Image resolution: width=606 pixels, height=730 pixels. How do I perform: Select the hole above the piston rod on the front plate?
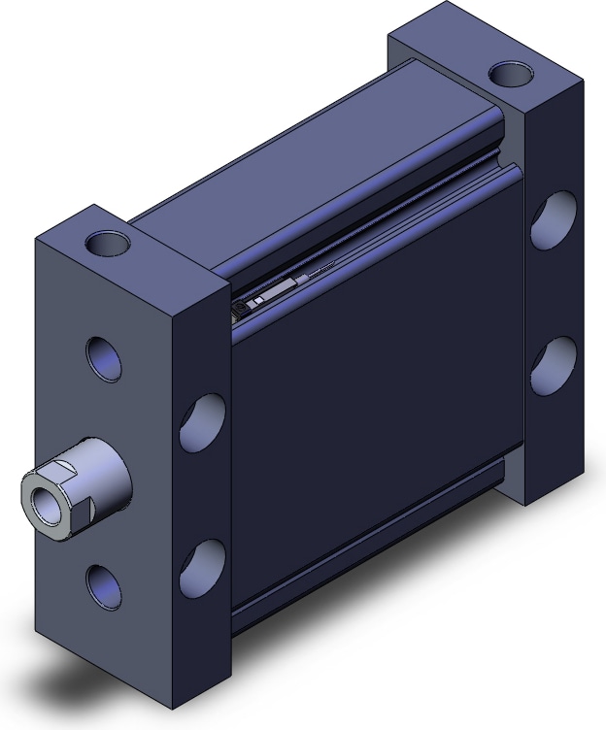click(104, 356)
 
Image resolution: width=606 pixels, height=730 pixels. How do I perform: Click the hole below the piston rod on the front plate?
click(104, 585)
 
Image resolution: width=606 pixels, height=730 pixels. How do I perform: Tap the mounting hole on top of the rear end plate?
click(511, 73)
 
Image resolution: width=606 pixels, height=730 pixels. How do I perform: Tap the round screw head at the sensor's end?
click(240, 309)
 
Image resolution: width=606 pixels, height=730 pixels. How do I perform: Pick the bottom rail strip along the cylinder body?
click(379, 563)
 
